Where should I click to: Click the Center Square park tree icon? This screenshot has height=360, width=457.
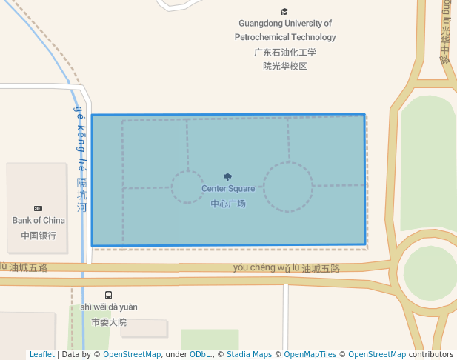pos(227,178)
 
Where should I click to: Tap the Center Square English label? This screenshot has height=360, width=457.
pos(228,189)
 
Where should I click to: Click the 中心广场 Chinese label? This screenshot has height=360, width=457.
pos(228,204)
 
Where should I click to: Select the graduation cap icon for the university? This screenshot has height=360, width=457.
pos(285,11)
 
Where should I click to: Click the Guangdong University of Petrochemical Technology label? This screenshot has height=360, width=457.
pos(285,30)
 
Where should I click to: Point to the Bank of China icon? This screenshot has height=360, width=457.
pos(39,209)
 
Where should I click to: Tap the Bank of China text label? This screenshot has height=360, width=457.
pos(39,220)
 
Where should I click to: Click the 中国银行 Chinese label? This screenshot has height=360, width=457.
pos(39,236)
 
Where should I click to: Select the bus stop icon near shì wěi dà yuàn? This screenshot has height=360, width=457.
pos(109,295)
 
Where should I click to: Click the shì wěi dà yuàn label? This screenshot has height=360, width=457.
pos(109,307)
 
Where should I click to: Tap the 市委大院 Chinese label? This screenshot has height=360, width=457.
pos(109,322)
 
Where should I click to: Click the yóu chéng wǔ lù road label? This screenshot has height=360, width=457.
pos(265,267)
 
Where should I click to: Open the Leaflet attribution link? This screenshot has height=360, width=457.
pos(41,354)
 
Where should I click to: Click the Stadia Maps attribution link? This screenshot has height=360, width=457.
pos(249,354)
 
